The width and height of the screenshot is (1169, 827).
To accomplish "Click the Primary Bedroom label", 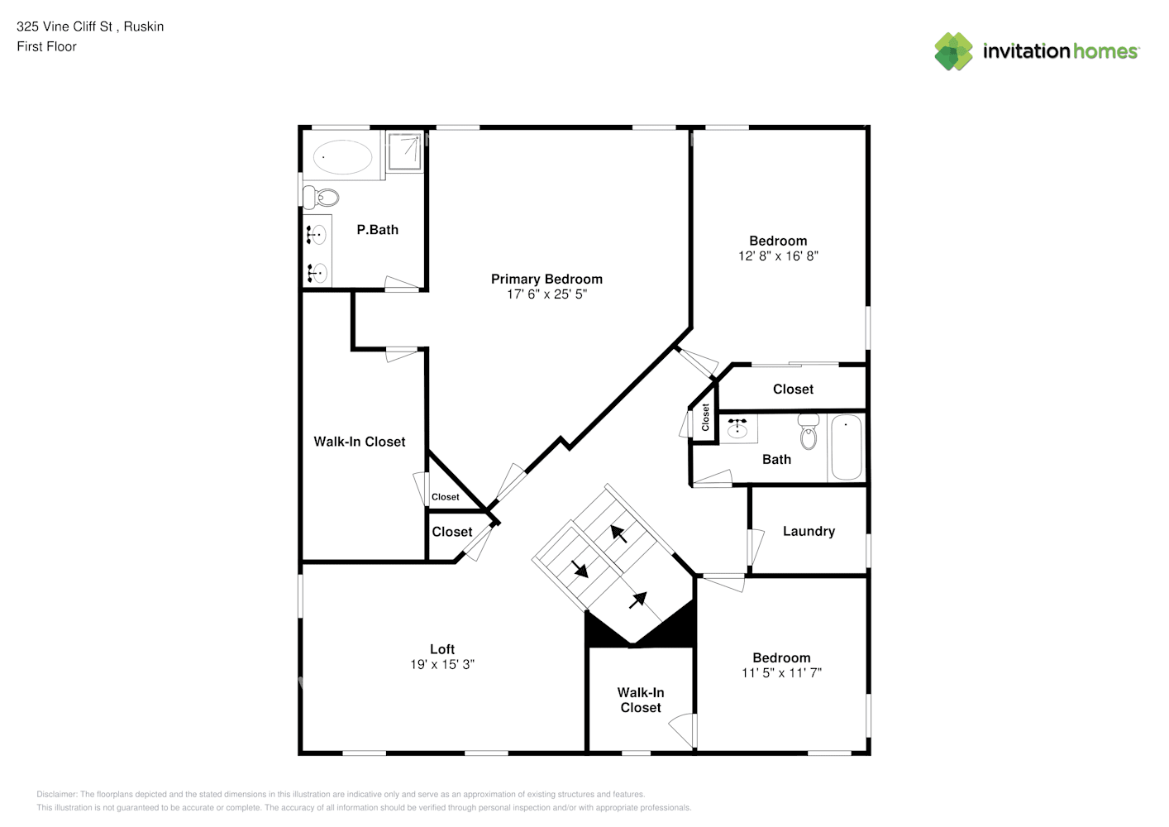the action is [546, 279].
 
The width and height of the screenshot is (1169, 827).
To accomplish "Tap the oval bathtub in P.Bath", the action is [342, 156].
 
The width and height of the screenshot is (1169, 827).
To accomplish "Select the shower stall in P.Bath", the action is [404, 151].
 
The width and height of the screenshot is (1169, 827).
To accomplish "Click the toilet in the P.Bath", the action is [321, 198].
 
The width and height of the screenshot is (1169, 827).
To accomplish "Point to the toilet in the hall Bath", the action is [809, 431].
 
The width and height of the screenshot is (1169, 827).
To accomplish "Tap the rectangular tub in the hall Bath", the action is [846, 447].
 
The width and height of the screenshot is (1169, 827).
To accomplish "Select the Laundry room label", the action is [809, 531].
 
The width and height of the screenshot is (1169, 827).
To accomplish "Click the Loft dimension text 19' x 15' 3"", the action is [442, 664].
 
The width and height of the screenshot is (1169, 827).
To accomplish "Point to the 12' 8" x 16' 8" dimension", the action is [778, 256].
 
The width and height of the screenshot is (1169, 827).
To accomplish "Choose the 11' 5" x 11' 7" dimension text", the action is [781, 672].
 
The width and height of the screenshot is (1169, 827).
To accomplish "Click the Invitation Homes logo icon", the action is [953, 51].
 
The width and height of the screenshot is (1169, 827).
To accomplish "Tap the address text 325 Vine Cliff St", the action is [64, 26].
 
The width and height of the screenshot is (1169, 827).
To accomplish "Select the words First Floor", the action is [46, 46].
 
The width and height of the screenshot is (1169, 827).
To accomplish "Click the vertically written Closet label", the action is [705, 418].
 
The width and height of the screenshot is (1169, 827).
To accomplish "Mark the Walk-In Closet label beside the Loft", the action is [641, 700].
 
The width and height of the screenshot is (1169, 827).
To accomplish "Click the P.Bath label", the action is [377, 230].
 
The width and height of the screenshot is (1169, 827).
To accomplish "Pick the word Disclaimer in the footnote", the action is [57, 794].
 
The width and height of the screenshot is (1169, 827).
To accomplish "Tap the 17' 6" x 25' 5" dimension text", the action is [547, 294].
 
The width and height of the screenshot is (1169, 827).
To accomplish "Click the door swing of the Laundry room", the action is [756, 547].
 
